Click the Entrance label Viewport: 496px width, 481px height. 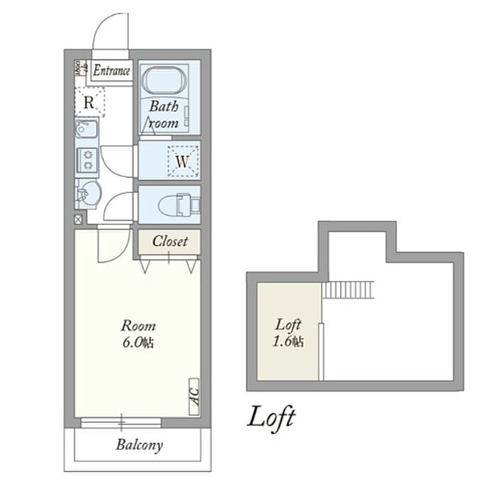click(112, 70)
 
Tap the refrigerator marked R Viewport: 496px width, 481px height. click(89, 101)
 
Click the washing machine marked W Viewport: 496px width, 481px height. click(182, 162)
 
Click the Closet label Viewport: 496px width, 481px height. click(170, 241)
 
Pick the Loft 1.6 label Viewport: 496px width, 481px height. click(289, 333)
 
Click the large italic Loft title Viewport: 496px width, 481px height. click(271, 417)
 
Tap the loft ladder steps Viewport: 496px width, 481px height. click(347, 289)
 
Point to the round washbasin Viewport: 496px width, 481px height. click(89, 192)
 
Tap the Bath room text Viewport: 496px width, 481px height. click(164, 115)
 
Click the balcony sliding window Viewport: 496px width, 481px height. click(121, 423)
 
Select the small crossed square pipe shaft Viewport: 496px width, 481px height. click(78, 219)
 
